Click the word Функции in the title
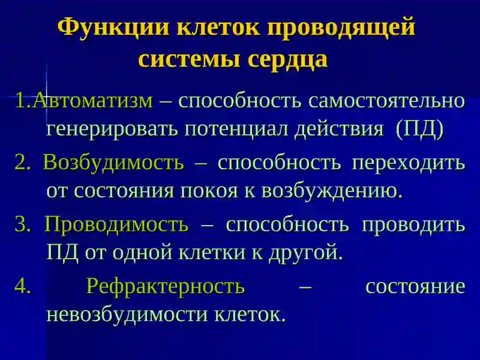pyautogui.click(x=113, y=28)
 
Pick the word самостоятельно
pyautogui.click(x=386, y=100)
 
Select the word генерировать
pyautogui.click(x=112, y=130)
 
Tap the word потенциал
pyautogui.click(x=236, y=130)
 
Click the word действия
pyautogui.click(x=339, y=130)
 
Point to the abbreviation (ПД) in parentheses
pyautogui.click(x=419, y=129)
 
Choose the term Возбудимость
pyautogui.click(x=113, y=162)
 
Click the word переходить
pyautogui.click(x=409, y=163)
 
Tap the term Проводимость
pyautogui.click(x=116, y=224)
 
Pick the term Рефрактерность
pyautogui.click(x=166, y=287)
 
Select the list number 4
pyautogui.click(x=23, y=286)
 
